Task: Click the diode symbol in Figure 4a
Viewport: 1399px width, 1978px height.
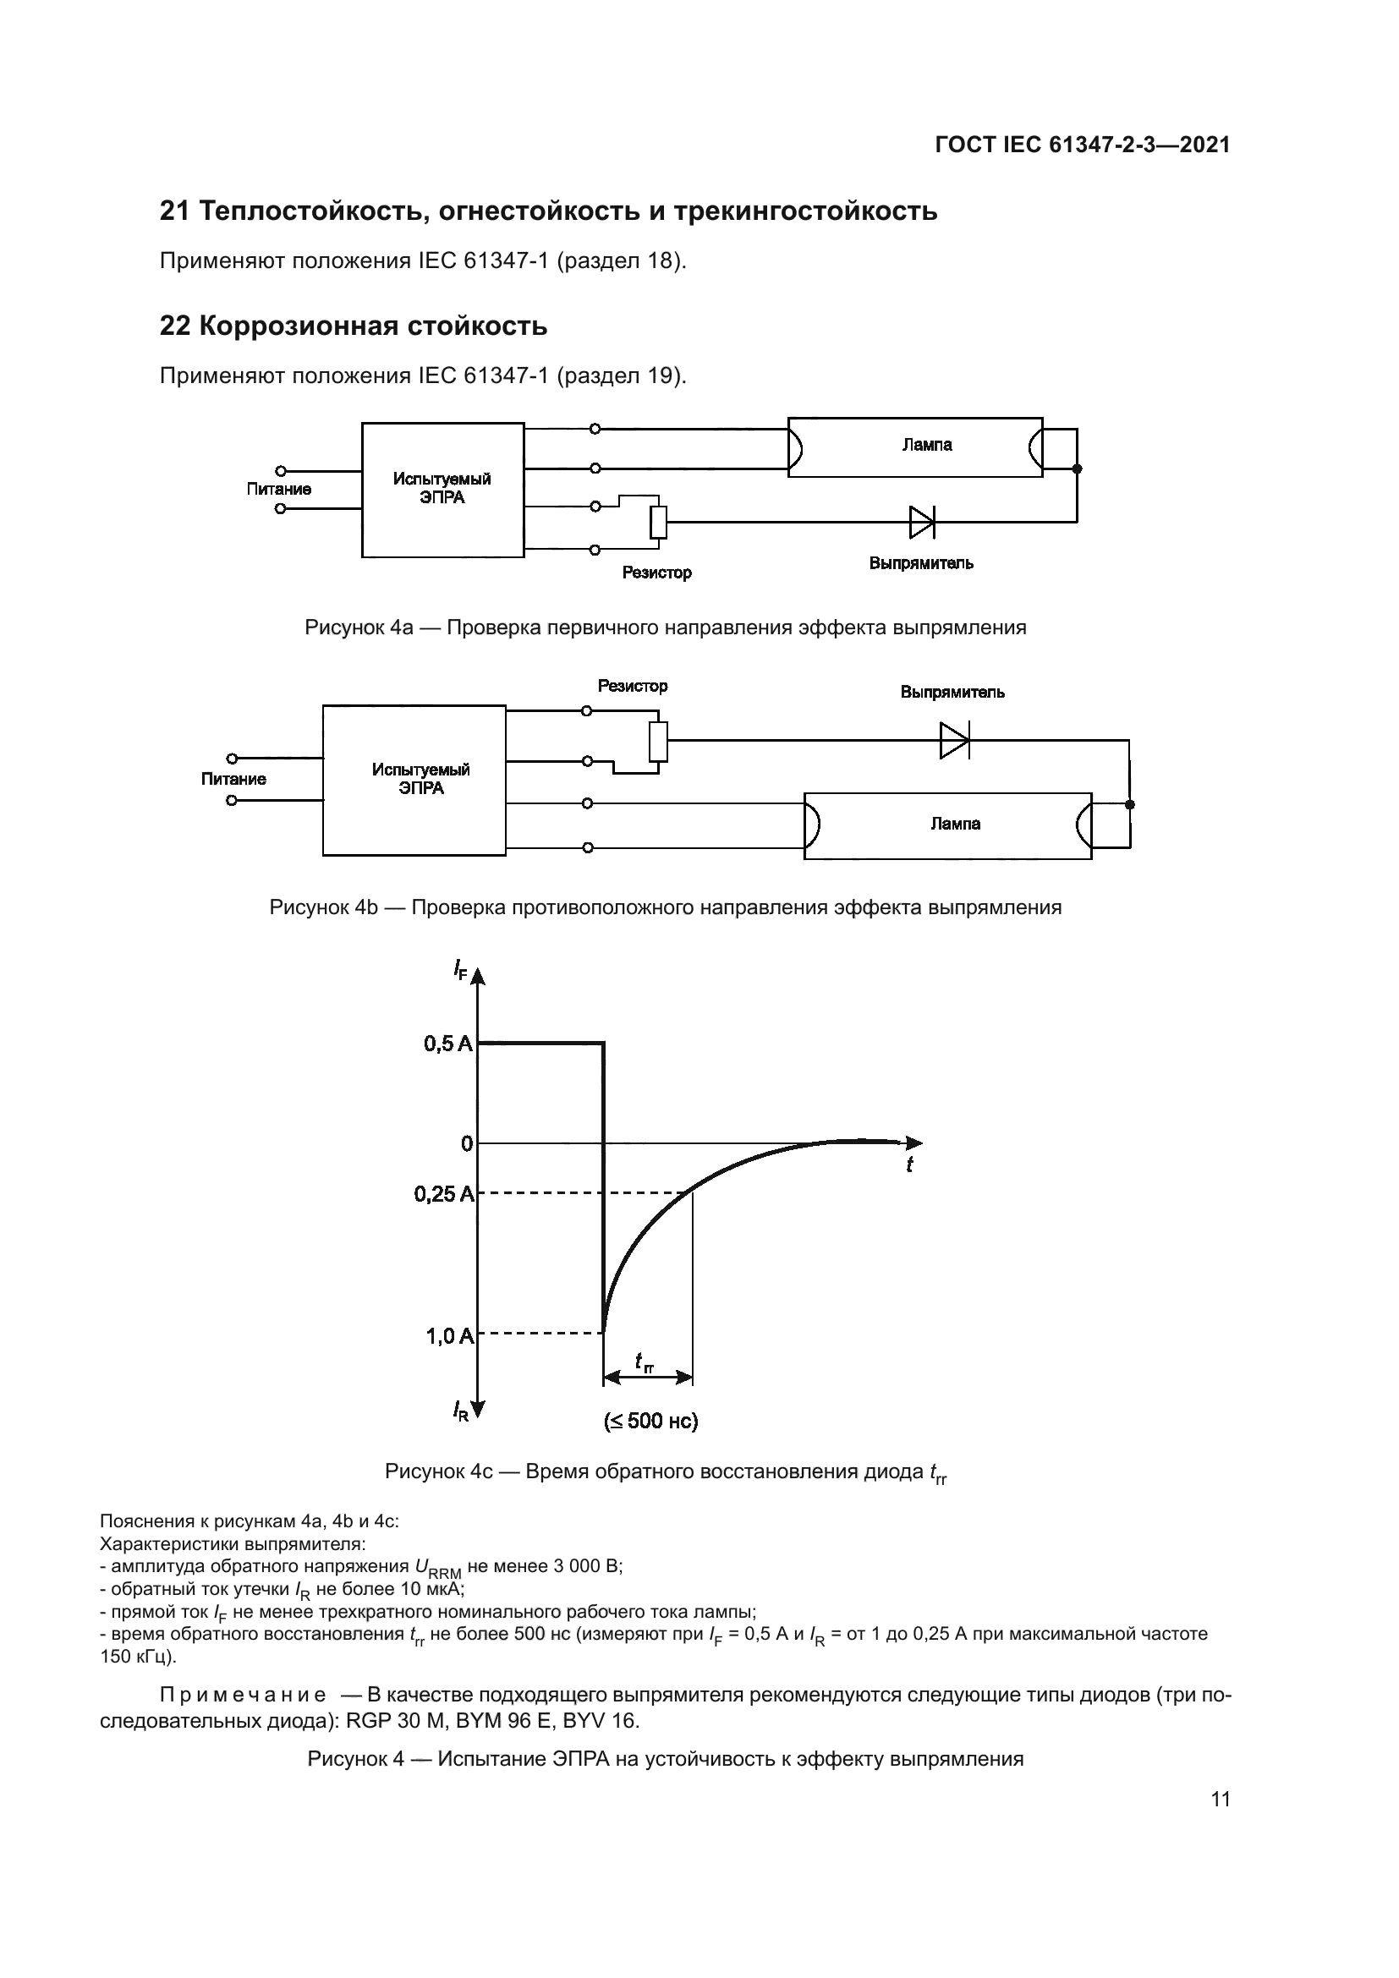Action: pyautogui.click(x=922, y=521)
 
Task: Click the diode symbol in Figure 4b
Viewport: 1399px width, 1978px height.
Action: pyautogui.click(x=953, y=740)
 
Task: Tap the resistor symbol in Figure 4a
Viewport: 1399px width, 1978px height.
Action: pyautogui.click(x=658, y=522)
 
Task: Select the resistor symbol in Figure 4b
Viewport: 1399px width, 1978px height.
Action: pyautogui.click(x=658, y=742)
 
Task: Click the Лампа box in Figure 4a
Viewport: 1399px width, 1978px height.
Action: pyautogui.click(x=915, y=447)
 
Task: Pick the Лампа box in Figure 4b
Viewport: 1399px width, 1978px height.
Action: pyautogui.click(x=947, y=825)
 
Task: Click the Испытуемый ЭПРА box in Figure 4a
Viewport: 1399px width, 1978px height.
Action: pyautogui.click(x=442, y=490)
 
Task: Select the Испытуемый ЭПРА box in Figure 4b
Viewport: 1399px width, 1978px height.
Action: pyautogui.click(x=414, y=780)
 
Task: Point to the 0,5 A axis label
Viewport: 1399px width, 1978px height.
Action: pyautogui.click(x=447, y=1044)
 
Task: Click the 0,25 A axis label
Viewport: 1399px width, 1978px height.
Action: pyautogui.click(x=442, y=1194)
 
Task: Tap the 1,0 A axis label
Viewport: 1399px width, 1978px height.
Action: pyautogui.click(x=449, y=1336)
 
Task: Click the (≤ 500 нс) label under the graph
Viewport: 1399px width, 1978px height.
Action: pyautogui.click(x=650, y=1421)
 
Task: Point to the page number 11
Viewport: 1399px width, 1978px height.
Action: pyautogui.click(x=1220, y=1799)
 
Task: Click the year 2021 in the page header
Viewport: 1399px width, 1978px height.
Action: pyautogui.click(x=1204, y=145)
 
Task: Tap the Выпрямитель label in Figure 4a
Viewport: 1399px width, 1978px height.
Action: pyautogui.click(x=921, y=563)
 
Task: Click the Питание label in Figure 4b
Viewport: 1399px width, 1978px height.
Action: pyautogui.click(x=233, y=779)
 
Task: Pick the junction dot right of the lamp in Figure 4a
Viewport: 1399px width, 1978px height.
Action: pyautogui.click(x=1077, y=468)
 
